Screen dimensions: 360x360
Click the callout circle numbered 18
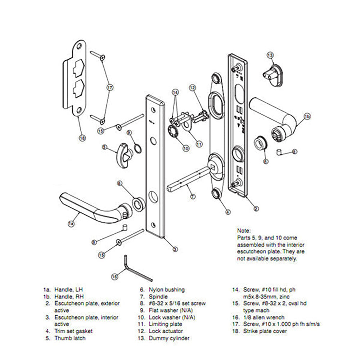[x=82, y=137]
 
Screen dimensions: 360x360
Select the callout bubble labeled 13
[x=270, y=55]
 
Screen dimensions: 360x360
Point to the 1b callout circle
[x=307, y=116]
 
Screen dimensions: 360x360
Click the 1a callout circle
[x=71, y=224]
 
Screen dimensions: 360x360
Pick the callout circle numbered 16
[x=114, y=276]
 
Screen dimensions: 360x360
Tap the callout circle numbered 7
[x=193, y=197]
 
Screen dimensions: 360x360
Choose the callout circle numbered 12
[x=192, y=87]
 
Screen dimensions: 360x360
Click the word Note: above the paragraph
[x=244, y=230]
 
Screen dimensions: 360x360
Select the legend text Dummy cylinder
[x=169, y=338]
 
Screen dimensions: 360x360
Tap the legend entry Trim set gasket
[x=73, y=331]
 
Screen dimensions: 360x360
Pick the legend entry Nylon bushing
[x=166, y=289]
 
